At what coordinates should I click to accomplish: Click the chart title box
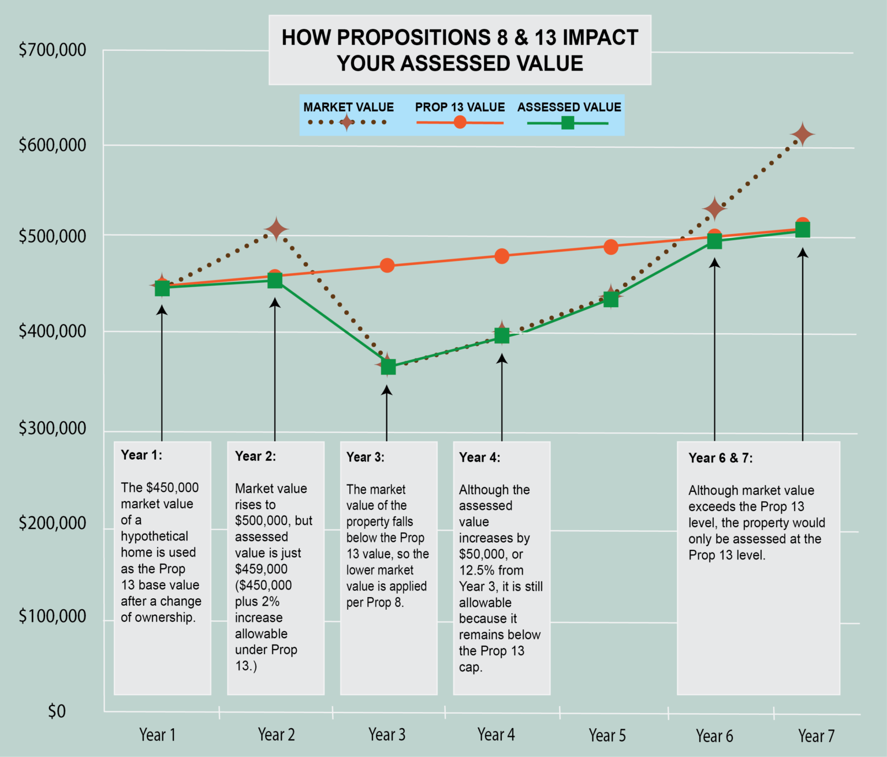click(x=460, y=50)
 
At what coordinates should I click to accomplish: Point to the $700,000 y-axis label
click(x=53, y=50)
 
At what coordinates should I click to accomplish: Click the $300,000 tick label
click(x=53, y=428)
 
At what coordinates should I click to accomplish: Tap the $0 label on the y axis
click(x=57, y=711)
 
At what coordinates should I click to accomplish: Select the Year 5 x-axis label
click(x=607, y=736)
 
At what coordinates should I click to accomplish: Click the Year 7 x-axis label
click(x=816, y=736)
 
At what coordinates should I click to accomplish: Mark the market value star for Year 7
click(x=802, y=135)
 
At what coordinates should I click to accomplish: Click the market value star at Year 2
click(x=277, y=229)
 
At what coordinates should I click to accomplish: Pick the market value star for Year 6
click(x=714, y=208)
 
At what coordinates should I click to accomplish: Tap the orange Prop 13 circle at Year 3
click(x=387, y=266)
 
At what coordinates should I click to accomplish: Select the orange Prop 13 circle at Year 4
click(x=502, y=256)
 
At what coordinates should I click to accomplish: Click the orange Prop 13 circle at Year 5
click(x=611, y=247)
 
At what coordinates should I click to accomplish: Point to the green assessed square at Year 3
click(x=388, y=367)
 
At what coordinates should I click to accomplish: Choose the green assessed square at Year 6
click(x=714, y=241)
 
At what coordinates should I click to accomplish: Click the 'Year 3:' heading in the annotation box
click(x=365, y=457)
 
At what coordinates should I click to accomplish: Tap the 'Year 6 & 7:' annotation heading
click(x=720, y=458)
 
